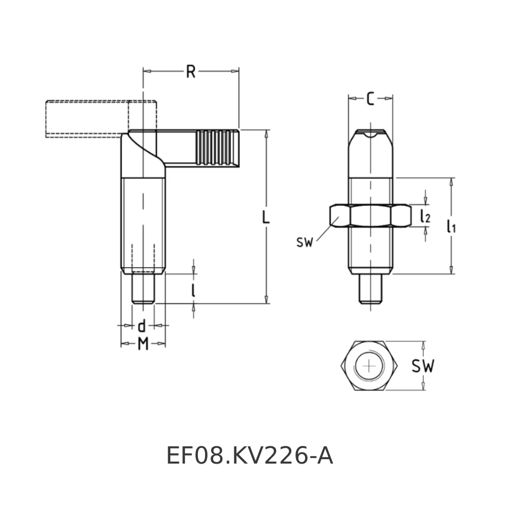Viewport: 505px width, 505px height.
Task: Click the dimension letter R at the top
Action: coord(190,72)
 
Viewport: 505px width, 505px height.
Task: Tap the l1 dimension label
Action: coord(451,226)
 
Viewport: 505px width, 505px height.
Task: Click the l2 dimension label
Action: coord(425,216)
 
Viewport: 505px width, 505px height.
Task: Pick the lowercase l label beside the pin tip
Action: coord(193,289)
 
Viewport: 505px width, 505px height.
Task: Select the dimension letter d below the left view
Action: coord(142,326)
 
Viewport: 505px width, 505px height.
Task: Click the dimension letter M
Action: coord(143,344)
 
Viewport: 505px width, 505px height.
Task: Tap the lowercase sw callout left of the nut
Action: coord(305,242)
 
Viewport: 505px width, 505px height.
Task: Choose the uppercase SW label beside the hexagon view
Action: coord(422,367)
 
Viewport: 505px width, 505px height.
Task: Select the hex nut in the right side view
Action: coord(370,216)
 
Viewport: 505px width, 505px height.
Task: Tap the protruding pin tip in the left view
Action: coord(143,288)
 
